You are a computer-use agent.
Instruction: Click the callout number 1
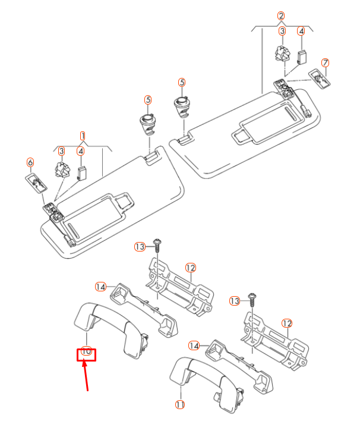83,136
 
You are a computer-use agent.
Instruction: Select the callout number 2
282,15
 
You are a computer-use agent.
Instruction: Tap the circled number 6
30,162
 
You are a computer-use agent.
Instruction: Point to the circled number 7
325,62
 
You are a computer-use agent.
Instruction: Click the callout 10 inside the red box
87,351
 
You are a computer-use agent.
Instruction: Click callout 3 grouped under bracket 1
62,151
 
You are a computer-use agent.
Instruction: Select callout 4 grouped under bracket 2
301,31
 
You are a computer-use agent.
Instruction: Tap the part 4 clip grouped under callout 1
81,172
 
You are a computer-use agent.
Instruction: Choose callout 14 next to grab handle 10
100,287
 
